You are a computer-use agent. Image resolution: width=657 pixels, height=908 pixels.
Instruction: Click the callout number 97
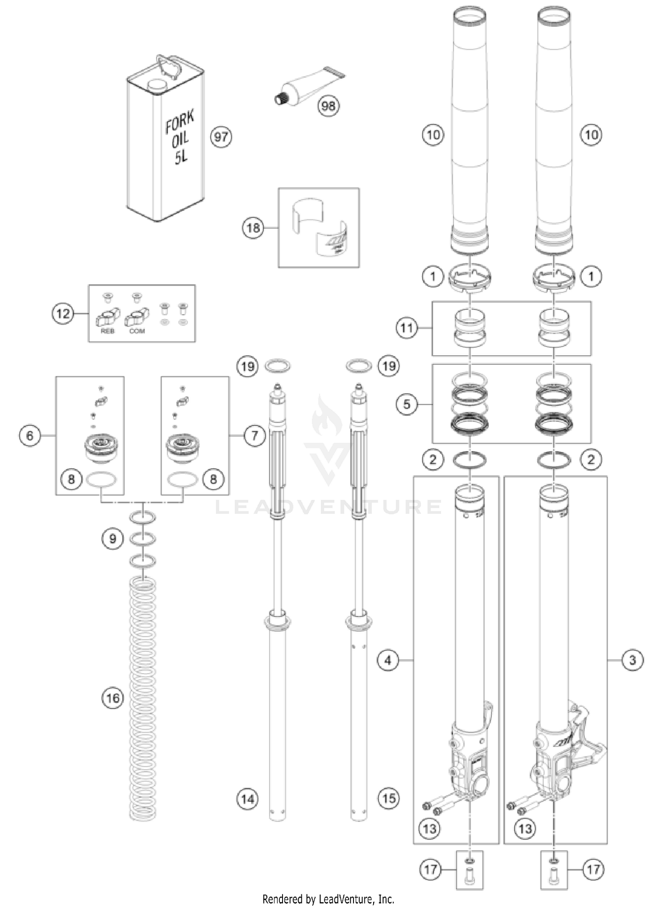tap(221, 137)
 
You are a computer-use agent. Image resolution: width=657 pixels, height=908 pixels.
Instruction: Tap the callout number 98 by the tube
tap(328, 106)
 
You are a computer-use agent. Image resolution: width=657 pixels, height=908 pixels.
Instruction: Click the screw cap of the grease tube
tap(280, 99)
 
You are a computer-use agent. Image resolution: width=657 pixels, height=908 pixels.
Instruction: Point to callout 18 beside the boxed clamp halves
tap(253, 228)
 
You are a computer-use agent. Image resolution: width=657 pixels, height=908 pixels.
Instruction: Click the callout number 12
tap(63, 314)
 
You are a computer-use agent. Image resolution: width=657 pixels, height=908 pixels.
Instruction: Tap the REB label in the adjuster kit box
tap(107, 331)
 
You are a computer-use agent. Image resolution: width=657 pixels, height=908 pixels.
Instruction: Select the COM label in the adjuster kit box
tap(137, 331)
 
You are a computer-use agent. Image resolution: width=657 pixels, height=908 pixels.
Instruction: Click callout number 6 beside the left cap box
tap(30, 435)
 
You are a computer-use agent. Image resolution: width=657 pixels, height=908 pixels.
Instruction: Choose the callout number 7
tap(255, 435)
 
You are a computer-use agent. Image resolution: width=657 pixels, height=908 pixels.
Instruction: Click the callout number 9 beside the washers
tap(113, 538)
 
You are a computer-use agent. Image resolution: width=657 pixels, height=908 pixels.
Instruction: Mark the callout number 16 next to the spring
tap(113, 697)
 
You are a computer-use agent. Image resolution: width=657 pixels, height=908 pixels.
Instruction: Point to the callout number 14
tap(247, 798)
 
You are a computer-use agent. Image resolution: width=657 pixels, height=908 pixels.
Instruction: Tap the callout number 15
tap(389, 798)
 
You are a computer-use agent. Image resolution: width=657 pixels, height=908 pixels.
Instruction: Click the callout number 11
tap(407, 328)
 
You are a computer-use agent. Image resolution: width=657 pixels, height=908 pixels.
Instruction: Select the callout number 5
tap(407, 404)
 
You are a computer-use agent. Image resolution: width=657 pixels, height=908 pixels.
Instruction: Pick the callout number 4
tap(388, 660)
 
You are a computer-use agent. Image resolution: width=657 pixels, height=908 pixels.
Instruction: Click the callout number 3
tap(632, 660)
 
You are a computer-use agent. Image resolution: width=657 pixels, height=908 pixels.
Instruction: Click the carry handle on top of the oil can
tap(169, 66)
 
